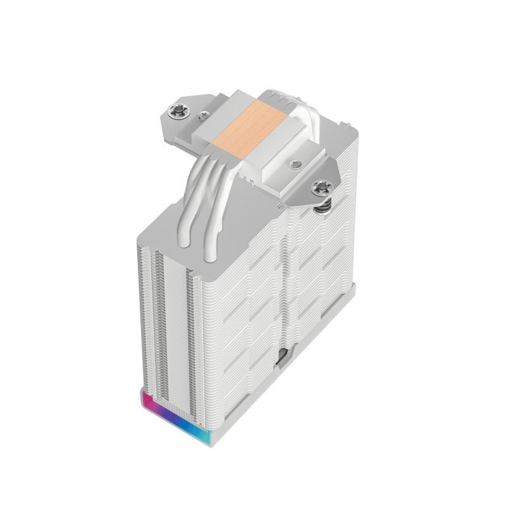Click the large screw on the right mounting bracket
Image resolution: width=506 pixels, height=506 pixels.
(323, 187)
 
